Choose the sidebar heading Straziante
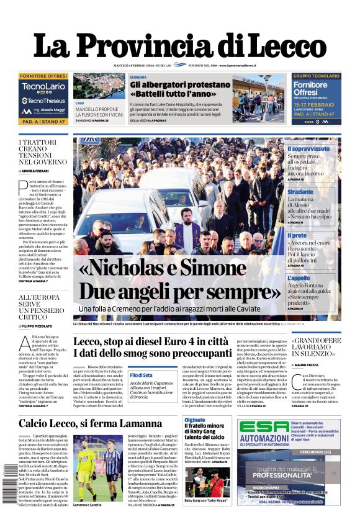300,192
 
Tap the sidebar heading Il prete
297,235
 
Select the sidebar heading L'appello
299,278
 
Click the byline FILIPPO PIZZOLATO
39,326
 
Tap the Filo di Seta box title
142,376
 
